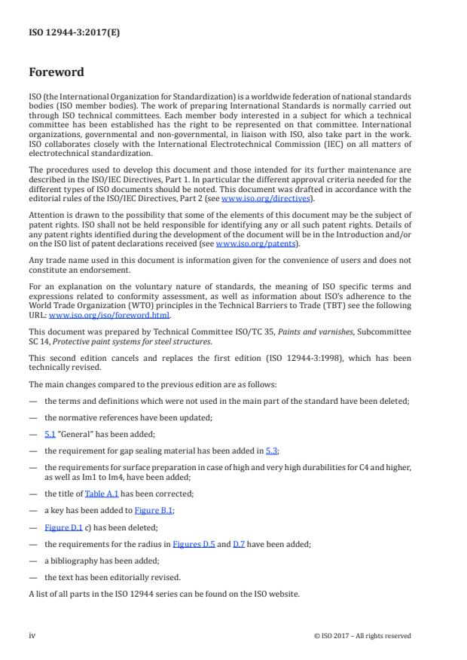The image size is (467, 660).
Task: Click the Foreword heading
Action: (56, 74)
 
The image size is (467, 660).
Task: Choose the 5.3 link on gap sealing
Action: (271, 451)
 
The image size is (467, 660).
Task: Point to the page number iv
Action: (32, 635)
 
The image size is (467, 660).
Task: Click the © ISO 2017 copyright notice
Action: (362, 636)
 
